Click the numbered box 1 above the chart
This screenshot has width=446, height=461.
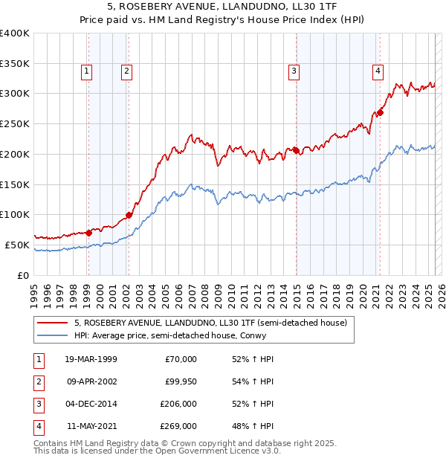(x=87, y=71)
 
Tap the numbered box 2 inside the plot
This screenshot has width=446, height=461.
(x=127, y=71)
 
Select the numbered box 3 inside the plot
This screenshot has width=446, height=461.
(x=294, y=71)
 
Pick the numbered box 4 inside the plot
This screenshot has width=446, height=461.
(x=378, y=71)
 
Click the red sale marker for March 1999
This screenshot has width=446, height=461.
(x=88, y=232)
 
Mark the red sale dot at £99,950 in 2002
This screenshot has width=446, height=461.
(x=129, y=216)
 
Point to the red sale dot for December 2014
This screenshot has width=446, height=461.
(x=296, y=150)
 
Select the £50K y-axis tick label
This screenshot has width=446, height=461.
(x=18, y=245)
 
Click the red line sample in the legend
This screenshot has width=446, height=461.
(x=53, y=323)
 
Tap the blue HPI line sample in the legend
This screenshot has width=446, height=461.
(x=53, y=336)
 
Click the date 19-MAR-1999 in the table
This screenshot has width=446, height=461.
(x=91, y=359)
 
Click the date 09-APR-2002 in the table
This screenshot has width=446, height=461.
(x=91, y=381)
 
